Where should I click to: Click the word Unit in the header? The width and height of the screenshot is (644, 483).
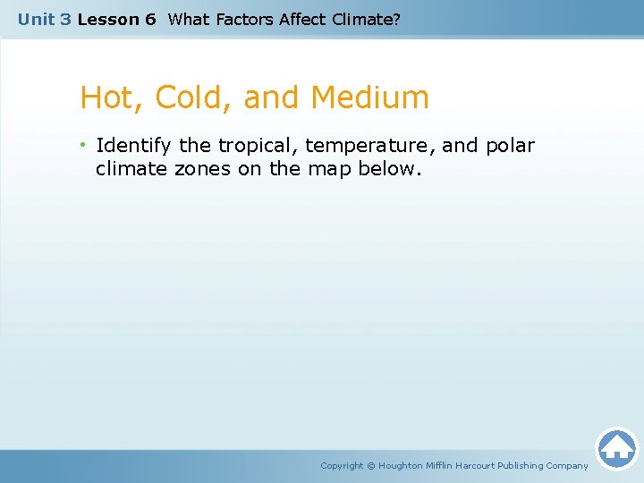[x=37, y=19]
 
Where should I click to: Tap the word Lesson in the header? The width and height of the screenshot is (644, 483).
[x=105, y=19]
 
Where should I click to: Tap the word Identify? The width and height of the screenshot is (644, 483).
[x=134, y=146]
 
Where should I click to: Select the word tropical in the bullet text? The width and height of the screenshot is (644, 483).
[x=252, y=146]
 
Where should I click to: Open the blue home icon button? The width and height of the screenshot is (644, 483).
[x=617, y=448]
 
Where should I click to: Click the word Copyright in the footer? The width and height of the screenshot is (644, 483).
[x=342, y=465]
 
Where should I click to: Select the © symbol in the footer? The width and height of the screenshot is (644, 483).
[x=371, y=465]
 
